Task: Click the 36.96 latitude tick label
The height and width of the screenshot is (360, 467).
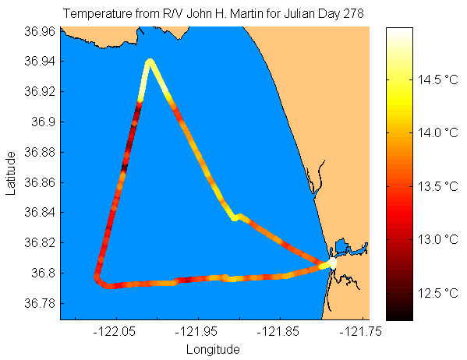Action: [x=40, y=31]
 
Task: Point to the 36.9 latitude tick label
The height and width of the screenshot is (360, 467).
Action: [x=44, y=122]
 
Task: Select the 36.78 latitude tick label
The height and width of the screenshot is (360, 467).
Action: [x=40, y=303]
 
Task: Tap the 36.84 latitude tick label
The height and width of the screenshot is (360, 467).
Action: [x=40, y=212]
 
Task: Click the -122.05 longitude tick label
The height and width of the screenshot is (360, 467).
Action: [x=115, y=331]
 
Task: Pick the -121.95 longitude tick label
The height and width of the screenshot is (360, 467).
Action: [x=196, y=331]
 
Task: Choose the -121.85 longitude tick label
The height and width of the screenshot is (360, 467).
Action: [x=278, y=331]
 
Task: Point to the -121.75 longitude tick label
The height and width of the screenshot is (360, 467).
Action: [x=360, y=331]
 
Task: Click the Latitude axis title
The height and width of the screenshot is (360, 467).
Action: [x=10, y=173]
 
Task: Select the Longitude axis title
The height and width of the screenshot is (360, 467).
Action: [x=213, y=350]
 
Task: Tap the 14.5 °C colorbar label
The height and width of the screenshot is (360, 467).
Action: [x=438, y=79]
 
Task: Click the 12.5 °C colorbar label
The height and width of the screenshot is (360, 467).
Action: [x=438, y=293]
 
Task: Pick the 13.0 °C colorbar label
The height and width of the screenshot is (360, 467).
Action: [x=438, y=239]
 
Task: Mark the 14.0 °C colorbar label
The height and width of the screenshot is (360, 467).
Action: [x=438, y=132]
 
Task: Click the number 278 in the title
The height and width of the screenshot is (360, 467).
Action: [x=353, y=14]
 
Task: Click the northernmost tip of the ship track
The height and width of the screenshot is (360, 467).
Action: [x=150, y=61]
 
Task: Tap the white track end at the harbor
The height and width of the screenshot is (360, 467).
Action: [x=333, y=263]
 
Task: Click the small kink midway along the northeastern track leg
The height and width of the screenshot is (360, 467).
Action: [x=237, y=217]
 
